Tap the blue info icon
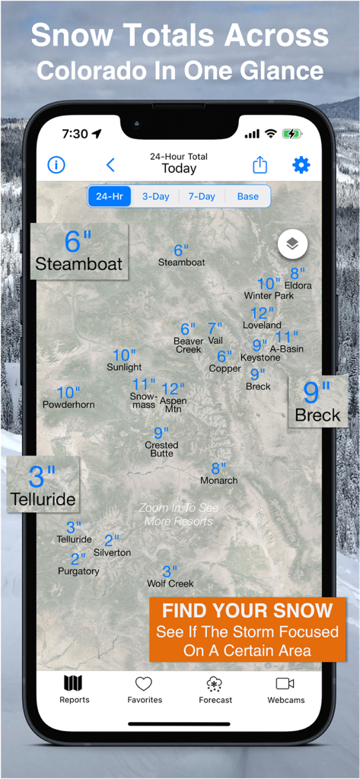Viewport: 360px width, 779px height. point(56,165)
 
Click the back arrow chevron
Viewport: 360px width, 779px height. point(110,165)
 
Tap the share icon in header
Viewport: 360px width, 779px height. point(260,165)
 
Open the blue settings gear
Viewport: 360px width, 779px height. point(301,165)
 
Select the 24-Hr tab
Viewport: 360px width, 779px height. point(110,196)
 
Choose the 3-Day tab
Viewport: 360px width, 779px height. point(155,196)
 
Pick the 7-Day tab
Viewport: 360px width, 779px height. point(202,196)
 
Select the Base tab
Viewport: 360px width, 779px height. point(247,196)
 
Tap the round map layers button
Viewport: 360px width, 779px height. point(293,245)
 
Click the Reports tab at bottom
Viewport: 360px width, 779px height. point(74,689)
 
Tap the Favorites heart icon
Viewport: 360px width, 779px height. point(144,689)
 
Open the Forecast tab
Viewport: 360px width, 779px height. point(215,689)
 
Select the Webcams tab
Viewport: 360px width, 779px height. point(285,689)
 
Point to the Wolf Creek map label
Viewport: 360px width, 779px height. point(170,583)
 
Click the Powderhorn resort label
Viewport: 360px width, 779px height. point(68,405)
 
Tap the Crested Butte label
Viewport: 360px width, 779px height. point(161,449)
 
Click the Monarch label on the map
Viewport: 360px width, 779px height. point(219,480)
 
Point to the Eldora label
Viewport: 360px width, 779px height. point(298,285)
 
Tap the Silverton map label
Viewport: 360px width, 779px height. point(112,552)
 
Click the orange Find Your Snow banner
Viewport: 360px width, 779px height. point(247,630)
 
